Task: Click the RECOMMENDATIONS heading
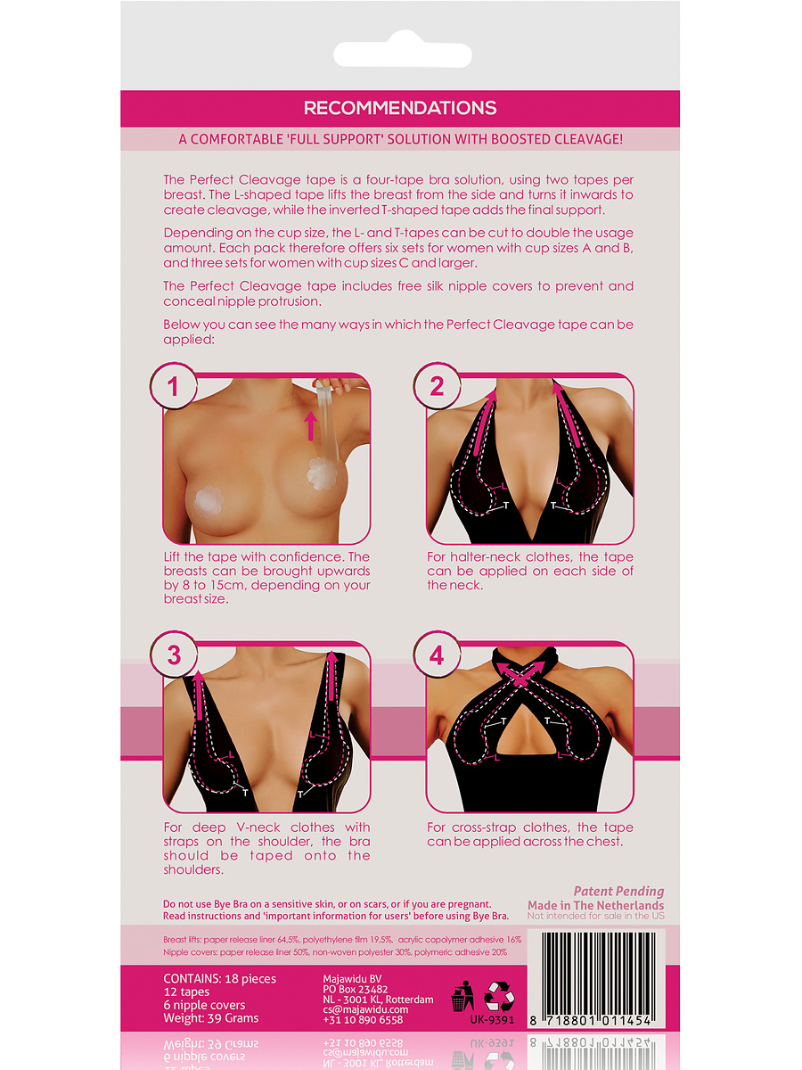pyautogui.click(x=400, y=108)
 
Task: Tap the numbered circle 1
pyautogui.click(x=173, y=386)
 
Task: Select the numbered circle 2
pyautogui.click(x=437, y=386)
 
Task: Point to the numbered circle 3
pyautogui.click(x=174, y=654)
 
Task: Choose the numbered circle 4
pyautogui.click(x=437, y=654)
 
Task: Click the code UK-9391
pyautogui.click(x=492, y=1020)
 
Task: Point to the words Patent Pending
pyautogui.click(x=618, y=892)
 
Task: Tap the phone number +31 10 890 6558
pyautogui.click(x=363, y=1020)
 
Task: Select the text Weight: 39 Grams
pyautogui.click(x=211, y=1018)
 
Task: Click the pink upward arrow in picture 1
pyautogui.click(x=311, y=425)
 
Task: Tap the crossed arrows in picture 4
pyautogui.click(x=521, y=676)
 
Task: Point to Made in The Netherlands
pyautogui.click(x=595, y=905)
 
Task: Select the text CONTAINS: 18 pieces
pyautogui.click(x=219, y=979)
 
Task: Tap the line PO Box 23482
pyautogui.click(x=355, y=989)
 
